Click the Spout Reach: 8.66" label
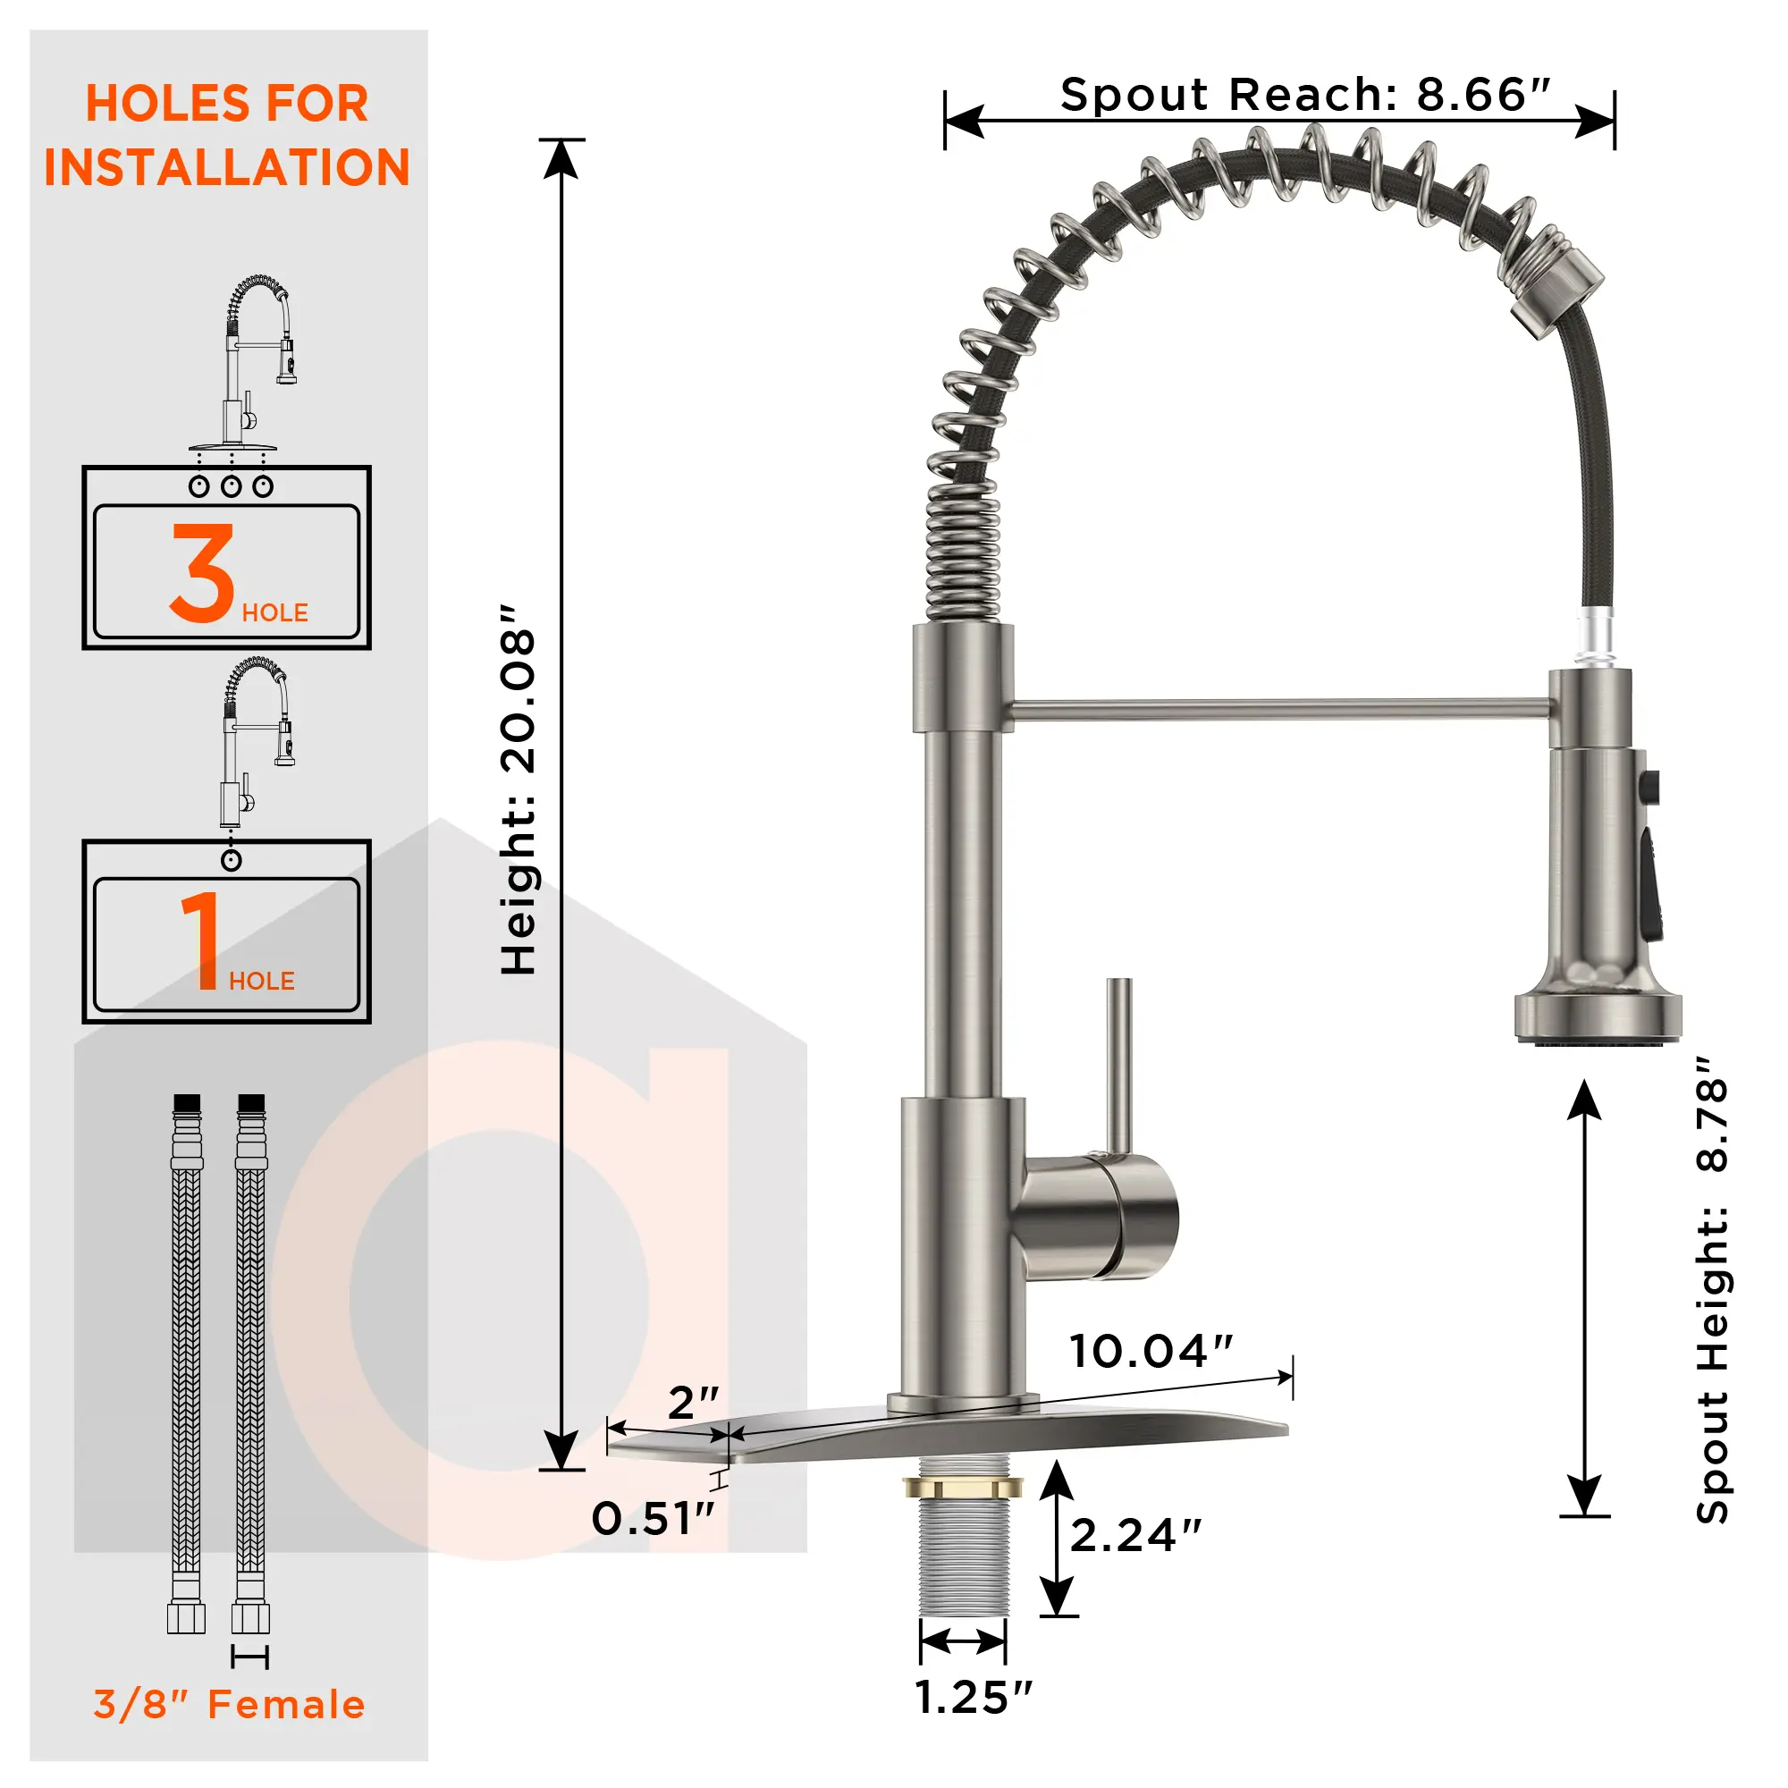[1305, 96]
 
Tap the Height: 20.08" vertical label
[519, 791]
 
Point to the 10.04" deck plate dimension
[1151, 1352]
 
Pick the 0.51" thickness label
[654, 1520]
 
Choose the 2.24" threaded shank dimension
[1135, 1536]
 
